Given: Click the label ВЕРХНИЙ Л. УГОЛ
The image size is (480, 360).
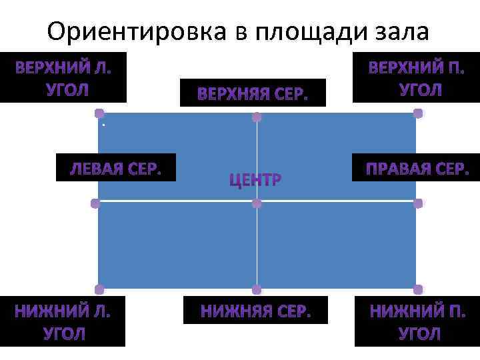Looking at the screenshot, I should pos(63,78).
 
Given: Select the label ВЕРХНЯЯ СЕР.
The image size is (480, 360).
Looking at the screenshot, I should pos(253,94).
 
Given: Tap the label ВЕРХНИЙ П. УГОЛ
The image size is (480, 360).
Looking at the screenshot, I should pos(416,78).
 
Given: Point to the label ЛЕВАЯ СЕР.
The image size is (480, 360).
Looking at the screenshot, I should pos(116,168).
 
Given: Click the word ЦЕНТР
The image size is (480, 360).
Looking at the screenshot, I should pos(255,179).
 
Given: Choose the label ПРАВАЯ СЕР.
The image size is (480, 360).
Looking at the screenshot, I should pos(417,168).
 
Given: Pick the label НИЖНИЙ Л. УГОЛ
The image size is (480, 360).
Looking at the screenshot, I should pos(63,321).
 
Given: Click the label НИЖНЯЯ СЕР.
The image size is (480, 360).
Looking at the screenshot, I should pos(256,310).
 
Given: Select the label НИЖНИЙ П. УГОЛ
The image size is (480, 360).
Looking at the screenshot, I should pos(417,321).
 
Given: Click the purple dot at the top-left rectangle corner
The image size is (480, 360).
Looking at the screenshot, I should pos(99,113).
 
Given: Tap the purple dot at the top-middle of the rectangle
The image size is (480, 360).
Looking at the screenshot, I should pos(257,117).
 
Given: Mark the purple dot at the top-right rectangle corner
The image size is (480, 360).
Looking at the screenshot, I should pos(418,113).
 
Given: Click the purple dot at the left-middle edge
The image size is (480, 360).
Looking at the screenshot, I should pos(95,203).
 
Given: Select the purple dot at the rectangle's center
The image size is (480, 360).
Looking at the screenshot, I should pos(257,203).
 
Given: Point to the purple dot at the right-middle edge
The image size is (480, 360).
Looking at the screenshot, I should pos(418,203).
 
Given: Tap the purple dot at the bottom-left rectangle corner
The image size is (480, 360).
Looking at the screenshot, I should pos(99,289).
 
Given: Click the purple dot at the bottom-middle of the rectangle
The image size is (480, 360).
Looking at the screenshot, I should pos(257,289).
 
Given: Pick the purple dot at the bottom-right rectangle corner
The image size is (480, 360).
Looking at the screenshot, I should pos(418,289).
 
